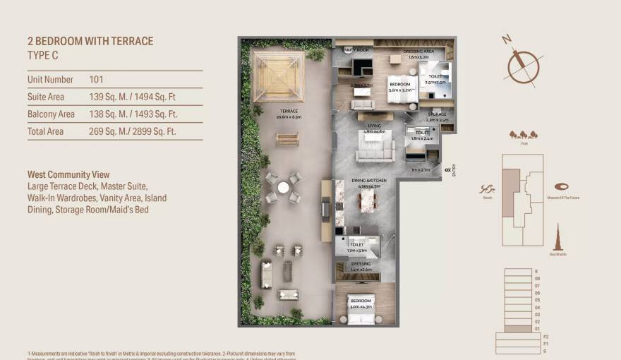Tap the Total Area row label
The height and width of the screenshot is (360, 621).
(x=45, y=131)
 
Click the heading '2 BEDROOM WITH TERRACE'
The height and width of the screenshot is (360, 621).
(x=90, y=41)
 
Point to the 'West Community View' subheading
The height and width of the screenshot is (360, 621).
(x=68, y=174)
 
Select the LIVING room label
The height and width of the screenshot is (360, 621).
(x=374, y=126)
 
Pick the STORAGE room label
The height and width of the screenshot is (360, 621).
(x=438, y=114)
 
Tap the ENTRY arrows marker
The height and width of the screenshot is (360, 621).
(x=447, y=170)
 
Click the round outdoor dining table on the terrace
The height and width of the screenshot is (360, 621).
(x=283, y=188)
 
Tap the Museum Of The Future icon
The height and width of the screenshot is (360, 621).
(x=562, y=186)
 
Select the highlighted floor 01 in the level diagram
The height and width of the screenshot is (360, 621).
(x=519, y=328)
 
